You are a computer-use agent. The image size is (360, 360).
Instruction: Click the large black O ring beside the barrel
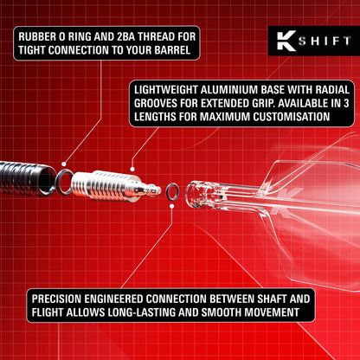63,179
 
